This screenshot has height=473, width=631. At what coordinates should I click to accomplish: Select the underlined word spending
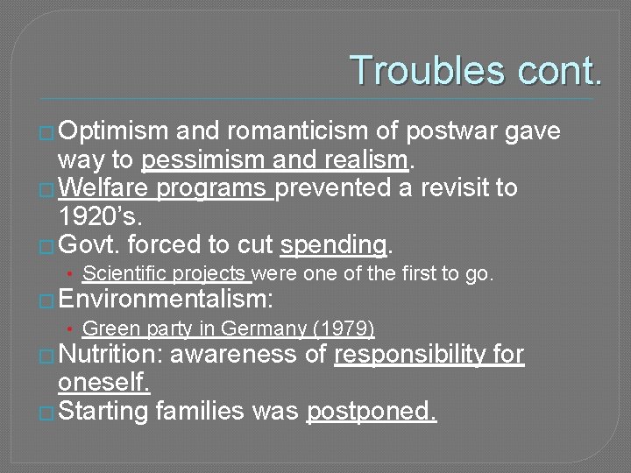[x=334, y=244]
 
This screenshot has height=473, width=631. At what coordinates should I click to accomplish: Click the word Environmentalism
[x=166, y=300]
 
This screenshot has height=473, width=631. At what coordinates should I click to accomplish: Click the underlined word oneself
[x=103, y=383]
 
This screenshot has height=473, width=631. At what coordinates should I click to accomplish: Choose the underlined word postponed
[x=372, y=411]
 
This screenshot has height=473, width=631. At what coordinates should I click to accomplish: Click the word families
[x=198, y=411]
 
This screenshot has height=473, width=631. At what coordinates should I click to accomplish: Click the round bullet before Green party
[x=71, y=330]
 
